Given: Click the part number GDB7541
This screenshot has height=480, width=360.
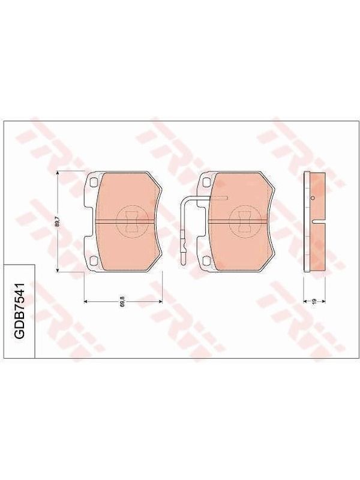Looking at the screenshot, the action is [x=20, y=311].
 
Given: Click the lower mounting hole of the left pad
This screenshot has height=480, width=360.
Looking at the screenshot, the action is [x=94, y=260].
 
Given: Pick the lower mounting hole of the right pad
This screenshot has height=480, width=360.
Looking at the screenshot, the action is [x=206, y=260].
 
